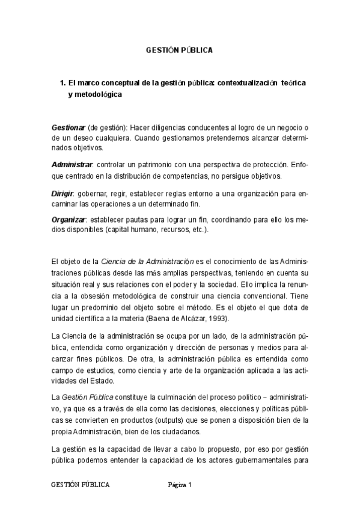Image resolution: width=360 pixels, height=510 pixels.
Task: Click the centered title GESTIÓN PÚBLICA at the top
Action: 179,51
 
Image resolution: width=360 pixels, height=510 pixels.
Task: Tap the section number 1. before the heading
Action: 62,82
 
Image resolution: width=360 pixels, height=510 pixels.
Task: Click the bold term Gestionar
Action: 69,129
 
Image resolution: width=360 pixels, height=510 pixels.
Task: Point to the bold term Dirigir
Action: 62,194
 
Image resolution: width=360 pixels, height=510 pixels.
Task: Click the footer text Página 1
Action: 179,485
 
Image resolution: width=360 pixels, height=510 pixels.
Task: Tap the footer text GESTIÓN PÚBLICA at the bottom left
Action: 81,485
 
